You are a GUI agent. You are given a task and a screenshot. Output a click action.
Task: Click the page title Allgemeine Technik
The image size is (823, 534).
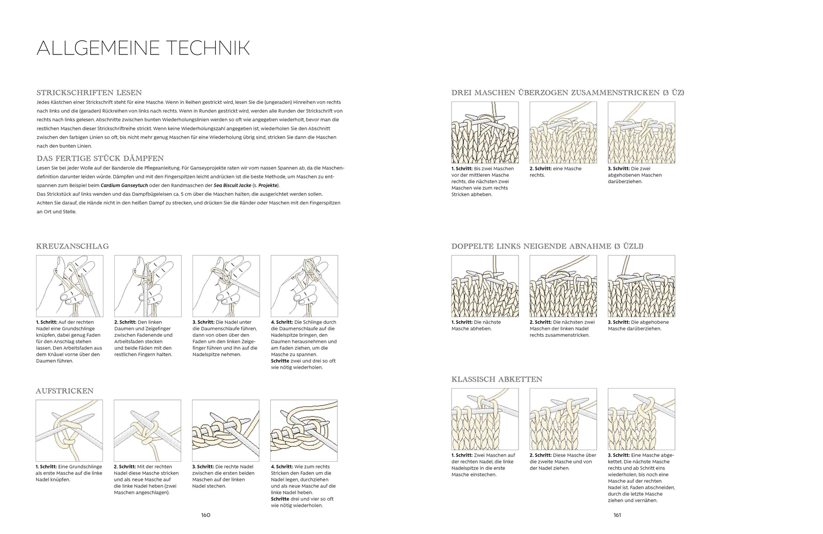click(x=143, y=48)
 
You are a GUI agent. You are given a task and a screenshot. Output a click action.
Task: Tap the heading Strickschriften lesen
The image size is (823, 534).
click(x=89, y=92)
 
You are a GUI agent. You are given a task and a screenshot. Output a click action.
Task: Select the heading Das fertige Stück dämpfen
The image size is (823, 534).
click(x=100, y=158)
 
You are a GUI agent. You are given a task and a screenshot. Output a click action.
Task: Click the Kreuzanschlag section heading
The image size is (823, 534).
click(x=72, y=246)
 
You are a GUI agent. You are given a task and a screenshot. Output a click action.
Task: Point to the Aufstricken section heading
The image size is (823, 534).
click(x=64, y=391)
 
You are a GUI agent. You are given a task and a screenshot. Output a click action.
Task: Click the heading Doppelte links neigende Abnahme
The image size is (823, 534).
click(x=547, y=246)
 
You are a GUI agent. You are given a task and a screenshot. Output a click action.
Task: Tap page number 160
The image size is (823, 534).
click(x=206, y=515)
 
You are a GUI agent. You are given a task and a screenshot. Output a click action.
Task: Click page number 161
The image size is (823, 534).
click(x=617, y=515)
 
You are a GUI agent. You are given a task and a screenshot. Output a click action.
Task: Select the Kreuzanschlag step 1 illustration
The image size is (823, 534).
click(x=69, y=286)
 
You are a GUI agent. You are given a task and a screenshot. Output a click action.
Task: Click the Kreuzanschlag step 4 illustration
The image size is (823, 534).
click(x=305, y=286)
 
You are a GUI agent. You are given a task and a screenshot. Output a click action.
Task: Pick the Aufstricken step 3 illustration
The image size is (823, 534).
click(x=226, y=431)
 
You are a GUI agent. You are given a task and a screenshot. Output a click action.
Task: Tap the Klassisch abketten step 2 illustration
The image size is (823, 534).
click(x=563, y=419)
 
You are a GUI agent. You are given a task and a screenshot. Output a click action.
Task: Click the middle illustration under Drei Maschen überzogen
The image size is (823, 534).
click(x=563, y=132)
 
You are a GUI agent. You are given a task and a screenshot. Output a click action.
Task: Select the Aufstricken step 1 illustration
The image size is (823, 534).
click(x=69, y=431)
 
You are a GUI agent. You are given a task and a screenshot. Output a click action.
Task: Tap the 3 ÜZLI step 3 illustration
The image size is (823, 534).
click(x=641, y=286)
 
